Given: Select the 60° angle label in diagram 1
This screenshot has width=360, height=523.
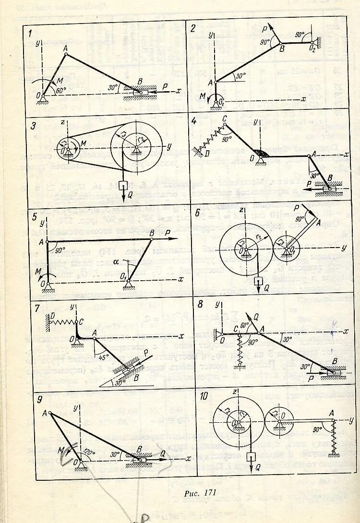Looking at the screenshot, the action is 61,90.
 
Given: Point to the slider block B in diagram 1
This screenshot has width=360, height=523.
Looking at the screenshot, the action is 139,91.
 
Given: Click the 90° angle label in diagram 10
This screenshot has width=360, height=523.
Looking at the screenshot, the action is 318,428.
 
